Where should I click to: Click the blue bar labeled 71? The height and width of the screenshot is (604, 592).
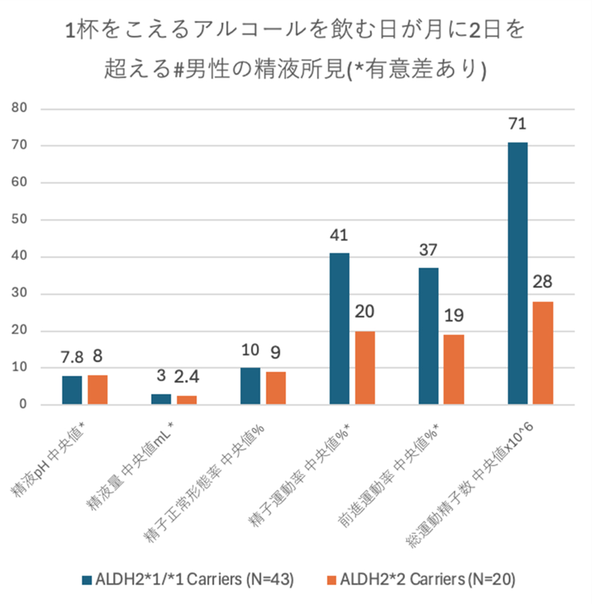(x=517, y=273)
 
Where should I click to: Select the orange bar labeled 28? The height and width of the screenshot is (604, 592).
(x=543, y=353)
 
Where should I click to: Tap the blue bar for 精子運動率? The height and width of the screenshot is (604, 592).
(x=339, y=329)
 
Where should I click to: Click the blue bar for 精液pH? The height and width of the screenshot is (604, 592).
(x=72, y=390)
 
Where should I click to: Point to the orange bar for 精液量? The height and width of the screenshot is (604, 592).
(x=186, y=400)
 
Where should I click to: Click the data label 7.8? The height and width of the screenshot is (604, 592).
(x=72, y=357)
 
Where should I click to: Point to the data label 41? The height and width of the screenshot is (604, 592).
(x=339, y=235)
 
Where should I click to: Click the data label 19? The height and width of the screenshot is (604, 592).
(x=454, y=316)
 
